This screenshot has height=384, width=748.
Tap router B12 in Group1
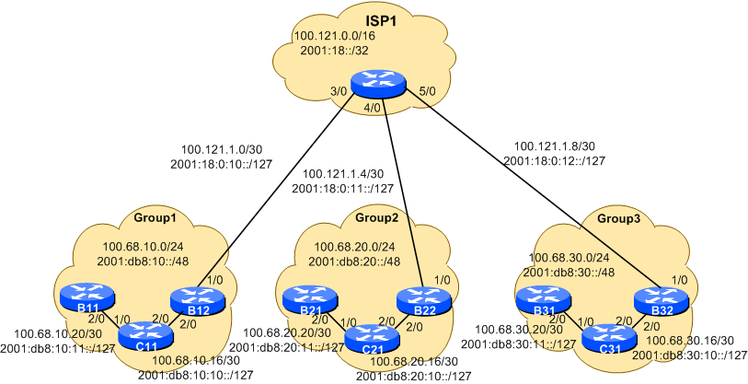196,299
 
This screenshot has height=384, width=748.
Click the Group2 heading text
377,218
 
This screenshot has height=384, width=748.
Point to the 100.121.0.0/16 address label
333,37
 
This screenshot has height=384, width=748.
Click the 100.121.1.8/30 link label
555,145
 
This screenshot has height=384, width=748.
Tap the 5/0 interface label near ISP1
426,92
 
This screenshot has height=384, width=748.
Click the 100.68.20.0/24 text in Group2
354,247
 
